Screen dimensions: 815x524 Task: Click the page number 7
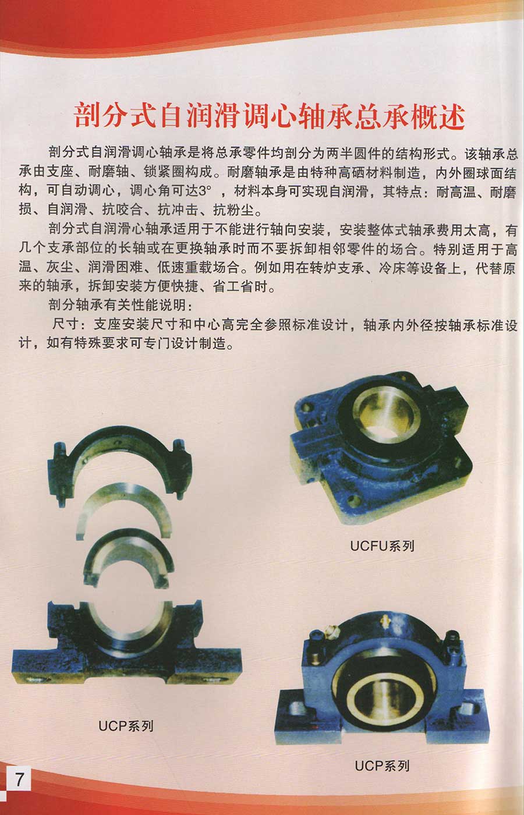point(19,779)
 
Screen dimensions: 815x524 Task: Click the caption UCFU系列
point(382,546)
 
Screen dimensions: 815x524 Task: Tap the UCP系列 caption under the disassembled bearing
point(126,726)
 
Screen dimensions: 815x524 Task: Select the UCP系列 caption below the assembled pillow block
point(382,766)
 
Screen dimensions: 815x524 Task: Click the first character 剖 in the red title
point(88,115)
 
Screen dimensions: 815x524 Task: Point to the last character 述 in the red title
point(451,115)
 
